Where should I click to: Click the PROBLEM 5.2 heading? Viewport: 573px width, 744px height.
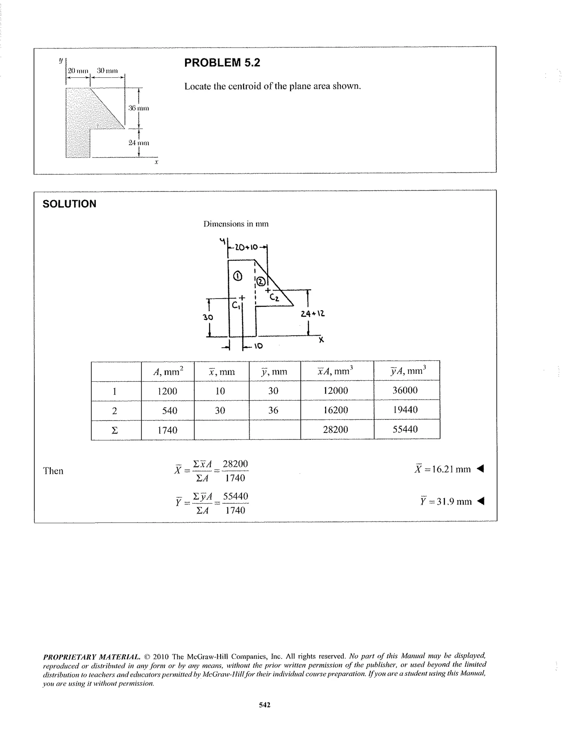pyautogui.click(x=222, y=63)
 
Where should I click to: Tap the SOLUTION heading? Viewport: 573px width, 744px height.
pyautogui.click(x=69, y=204)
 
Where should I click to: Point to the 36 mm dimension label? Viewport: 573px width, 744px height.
pyautogui.click(x=138, y=108)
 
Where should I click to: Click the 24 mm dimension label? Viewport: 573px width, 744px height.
pyautogui.click(x=138, y=143)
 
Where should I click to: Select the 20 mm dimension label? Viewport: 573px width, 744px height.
pyautogui.click(x=78, y=71)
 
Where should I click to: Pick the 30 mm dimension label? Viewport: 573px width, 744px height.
pyautogui.click(x=107, y=71)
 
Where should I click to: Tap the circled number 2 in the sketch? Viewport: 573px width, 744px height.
pyautogui.click(x=261, y=282)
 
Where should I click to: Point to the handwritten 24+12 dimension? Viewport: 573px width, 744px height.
pyautogui.click(x=313, y=314)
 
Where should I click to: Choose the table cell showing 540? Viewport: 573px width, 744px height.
pyautogui.click(x=169, y=411)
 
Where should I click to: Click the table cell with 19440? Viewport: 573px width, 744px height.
pyautogui.click(x=405, y=410)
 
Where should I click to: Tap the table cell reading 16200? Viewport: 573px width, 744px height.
pyautogui.click(x=335, y=410)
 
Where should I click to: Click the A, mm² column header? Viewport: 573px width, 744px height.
pyautogui.click(x=168, y=371)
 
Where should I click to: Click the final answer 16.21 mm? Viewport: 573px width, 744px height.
pyautogui.click(x=443, y=469)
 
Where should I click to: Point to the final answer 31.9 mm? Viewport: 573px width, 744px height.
pyautogui.click(x=446, y=501)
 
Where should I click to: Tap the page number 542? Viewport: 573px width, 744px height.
pyautogui.click(x=265, y=705)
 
